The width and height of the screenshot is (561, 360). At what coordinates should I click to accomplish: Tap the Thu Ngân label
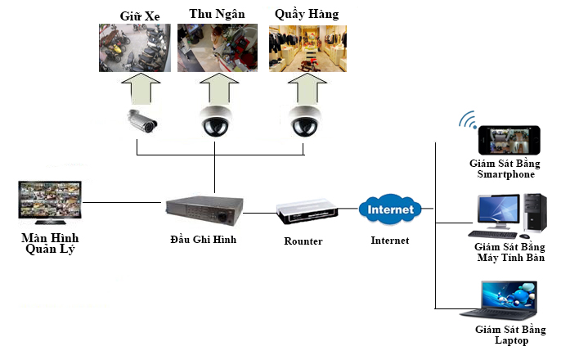(x=217, y=14)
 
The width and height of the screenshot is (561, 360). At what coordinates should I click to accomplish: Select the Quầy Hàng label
(x=307, y=14)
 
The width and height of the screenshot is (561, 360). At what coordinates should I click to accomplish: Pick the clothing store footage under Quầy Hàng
(x=307, y=48)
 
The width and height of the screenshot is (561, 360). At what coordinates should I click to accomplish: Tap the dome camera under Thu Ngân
(x=217, y=121)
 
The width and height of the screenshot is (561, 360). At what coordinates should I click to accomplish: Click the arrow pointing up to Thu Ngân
(x=217, y=88)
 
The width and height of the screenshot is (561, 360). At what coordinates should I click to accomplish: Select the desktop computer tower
(x=534, y=214)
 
